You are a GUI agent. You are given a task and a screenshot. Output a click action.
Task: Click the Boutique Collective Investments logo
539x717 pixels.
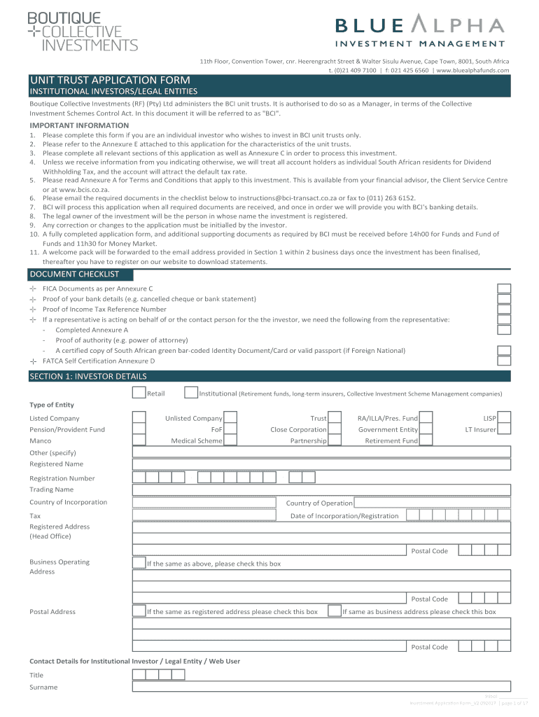click(82, 32)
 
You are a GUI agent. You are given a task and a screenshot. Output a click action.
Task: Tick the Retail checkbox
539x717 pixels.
click(139, 393)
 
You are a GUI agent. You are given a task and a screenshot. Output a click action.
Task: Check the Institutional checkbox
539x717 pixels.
click(191, 393)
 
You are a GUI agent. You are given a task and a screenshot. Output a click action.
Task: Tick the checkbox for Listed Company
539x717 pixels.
click(139, 418)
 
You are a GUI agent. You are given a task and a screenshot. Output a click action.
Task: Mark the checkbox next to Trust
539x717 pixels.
click(335, 418)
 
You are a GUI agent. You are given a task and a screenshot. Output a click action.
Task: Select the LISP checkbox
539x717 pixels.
click(505, 418)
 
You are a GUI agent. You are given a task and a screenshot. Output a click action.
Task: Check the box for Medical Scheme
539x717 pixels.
click(230, 440)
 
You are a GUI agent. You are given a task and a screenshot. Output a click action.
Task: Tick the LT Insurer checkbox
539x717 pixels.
click(505, 429)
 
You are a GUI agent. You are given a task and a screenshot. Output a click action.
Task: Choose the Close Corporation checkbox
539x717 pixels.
click(335, 429)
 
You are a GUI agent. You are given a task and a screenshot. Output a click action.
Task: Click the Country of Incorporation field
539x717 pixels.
click(207, 503)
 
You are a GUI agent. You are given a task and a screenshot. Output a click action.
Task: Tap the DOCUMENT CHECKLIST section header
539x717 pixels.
click(74, 274)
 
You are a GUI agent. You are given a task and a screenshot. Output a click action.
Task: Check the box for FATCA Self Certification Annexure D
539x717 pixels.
click(504, 361)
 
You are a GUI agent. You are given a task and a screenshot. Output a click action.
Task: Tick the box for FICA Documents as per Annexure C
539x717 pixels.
click(504, 288)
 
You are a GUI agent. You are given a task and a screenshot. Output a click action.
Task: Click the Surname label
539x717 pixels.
click(43, 687)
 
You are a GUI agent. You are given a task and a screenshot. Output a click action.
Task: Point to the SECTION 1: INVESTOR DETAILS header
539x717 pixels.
click(88, 377)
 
